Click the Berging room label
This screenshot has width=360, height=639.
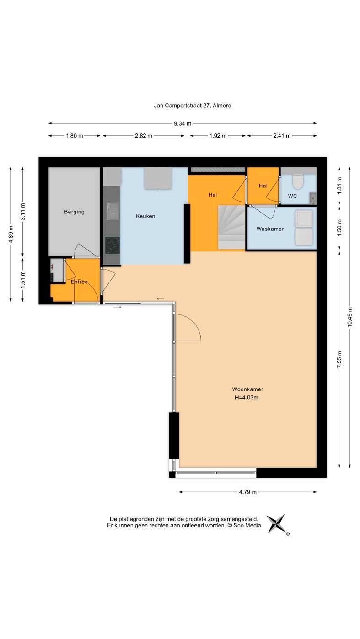click(74, 212)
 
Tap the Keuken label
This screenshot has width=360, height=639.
click(145, 216)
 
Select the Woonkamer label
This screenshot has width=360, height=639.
click(247, 389)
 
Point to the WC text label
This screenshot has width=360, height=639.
click(292, 196)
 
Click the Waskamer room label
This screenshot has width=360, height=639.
click(270, 229)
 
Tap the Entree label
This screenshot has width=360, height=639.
click(80, 282)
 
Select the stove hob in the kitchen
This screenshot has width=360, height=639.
click(113, 245)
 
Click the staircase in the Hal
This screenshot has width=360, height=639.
click(231, 227)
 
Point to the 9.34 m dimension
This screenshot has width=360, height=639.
click(183, 123)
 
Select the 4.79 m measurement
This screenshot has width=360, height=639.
click(248, 492)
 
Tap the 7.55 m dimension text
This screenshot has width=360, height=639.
click(339, 359)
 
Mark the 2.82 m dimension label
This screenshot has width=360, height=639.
click(143, 136)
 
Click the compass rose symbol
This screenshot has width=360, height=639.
click(276, 523)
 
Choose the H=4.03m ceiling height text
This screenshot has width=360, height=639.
click(247, 398)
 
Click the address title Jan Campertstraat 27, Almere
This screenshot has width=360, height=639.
click(193, 106)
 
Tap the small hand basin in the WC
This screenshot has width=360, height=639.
click(313, 197)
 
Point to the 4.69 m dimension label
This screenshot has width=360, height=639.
click(11, 234)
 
